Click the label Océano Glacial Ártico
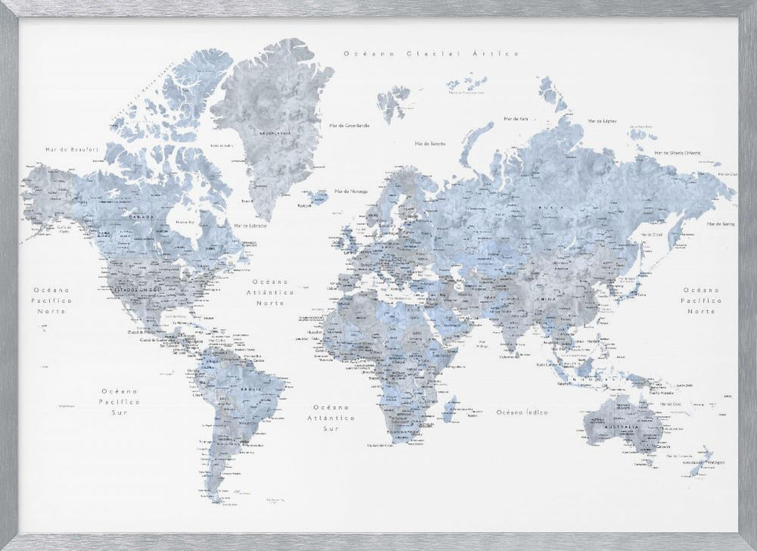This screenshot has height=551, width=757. pyautogui.click(x=430, y=54)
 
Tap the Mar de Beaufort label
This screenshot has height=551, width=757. pyautogui.click(x=61, y=149)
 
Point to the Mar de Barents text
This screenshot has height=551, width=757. pyautogui.click(x=429, y=143)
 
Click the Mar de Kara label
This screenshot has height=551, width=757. pyautogui.click(x=515, y=119)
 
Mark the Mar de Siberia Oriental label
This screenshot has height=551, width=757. pyautogui.click(x=681, y=152)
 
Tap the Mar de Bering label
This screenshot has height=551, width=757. pyautogui.click(x=721, y=224)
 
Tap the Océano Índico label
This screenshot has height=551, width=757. pyautogui.click(x=522, y=412)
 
